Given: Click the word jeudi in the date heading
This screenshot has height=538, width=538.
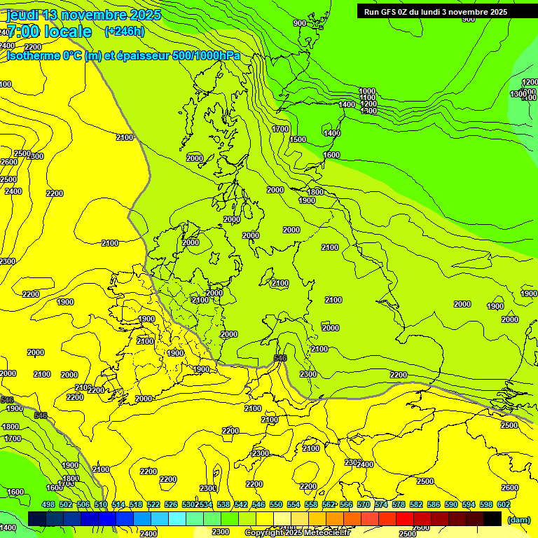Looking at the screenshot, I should click(x=22, y=15).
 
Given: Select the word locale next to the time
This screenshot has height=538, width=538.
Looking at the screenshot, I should click(x=67, y=32).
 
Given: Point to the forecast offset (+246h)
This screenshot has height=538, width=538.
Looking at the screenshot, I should click(x=124, y=31).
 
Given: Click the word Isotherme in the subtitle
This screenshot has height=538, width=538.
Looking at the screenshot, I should click(x=34, y=55).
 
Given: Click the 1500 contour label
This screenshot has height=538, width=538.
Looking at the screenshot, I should click(x=298, y=139).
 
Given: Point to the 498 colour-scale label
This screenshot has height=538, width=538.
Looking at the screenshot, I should click(x=48, y=504).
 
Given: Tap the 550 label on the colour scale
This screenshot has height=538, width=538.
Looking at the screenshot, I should click(x=275, y=504).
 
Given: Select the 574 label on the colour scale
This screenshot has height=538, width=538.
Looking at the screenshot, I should click(x=380, y=504).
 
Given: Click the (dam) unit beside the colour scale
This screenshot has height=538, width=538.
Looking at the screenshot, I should click(x=518, y=519).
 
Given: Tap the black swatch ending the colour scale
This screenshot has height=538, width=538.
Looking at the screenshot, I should click(x=492, y=518).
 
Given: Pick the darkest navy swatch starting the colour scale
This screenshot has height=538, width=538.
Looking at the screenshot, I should click(x=37, y=518).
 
